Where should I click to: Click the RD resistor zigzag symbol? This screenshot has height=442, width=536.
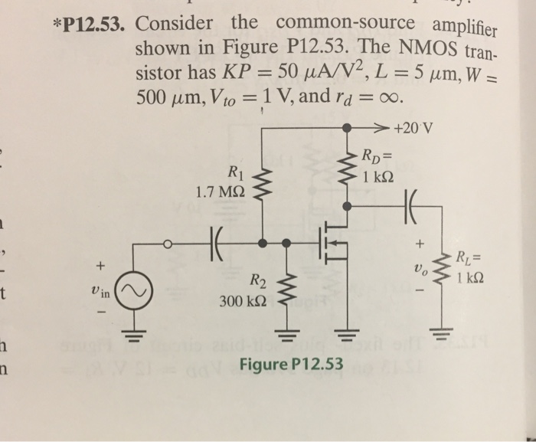point(348,163)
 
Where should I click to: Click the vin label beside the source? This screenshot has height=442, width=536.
point(99,293)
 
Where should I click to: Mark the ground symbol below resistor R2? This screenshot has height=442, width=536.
point(289,333)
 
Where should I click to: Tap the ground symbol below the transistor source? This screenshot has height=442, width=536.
point(348,333)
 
